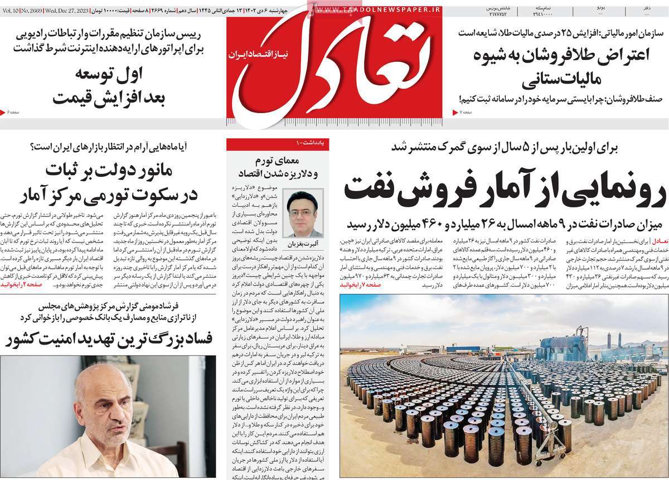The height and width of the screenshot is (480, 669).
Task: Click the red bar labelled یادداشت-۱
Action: tap(277, 144)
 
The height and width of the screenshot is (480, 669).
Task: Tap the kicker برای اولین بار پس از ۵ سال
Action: tap(505, 148)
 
